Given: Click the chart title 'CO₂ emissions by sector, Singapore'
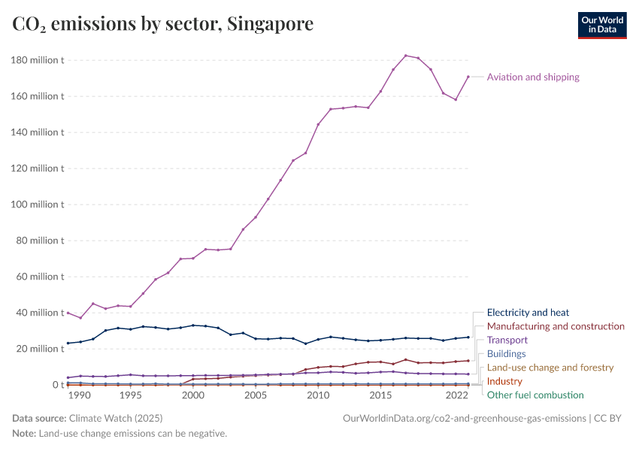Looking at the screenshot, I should tap(163, 25).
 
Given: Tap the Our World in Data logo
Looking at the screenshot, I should tap(601, 25).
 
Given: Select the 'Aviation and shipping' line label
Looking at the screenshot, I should tap(533, 77).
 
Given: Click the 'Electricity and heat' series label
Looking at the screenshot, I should tap(528, 313).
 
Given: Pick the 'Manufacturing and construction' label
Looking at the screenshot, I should tap(556, 326).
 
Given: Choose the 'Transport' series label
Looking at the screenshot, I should tap(507, 340).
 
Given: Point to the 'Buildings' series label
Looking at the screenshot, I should tap(507, 353).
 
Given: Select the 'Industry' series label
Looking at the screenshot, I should tap(504, 381).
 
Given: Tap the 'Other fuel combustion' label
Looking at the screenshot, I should tap(535, 395).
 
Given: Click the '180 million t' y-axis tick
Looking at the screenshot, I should tap(38, 60).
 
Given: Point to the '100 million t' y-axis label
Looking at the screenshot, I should tap(38, 204).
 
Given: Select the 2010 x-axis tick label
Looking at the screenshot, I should tap(318, 395).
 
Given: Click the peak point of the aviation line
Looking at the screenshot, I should tap(406, 56).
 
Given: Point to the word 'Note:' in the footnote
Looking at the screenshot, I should tap(24, 434).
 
